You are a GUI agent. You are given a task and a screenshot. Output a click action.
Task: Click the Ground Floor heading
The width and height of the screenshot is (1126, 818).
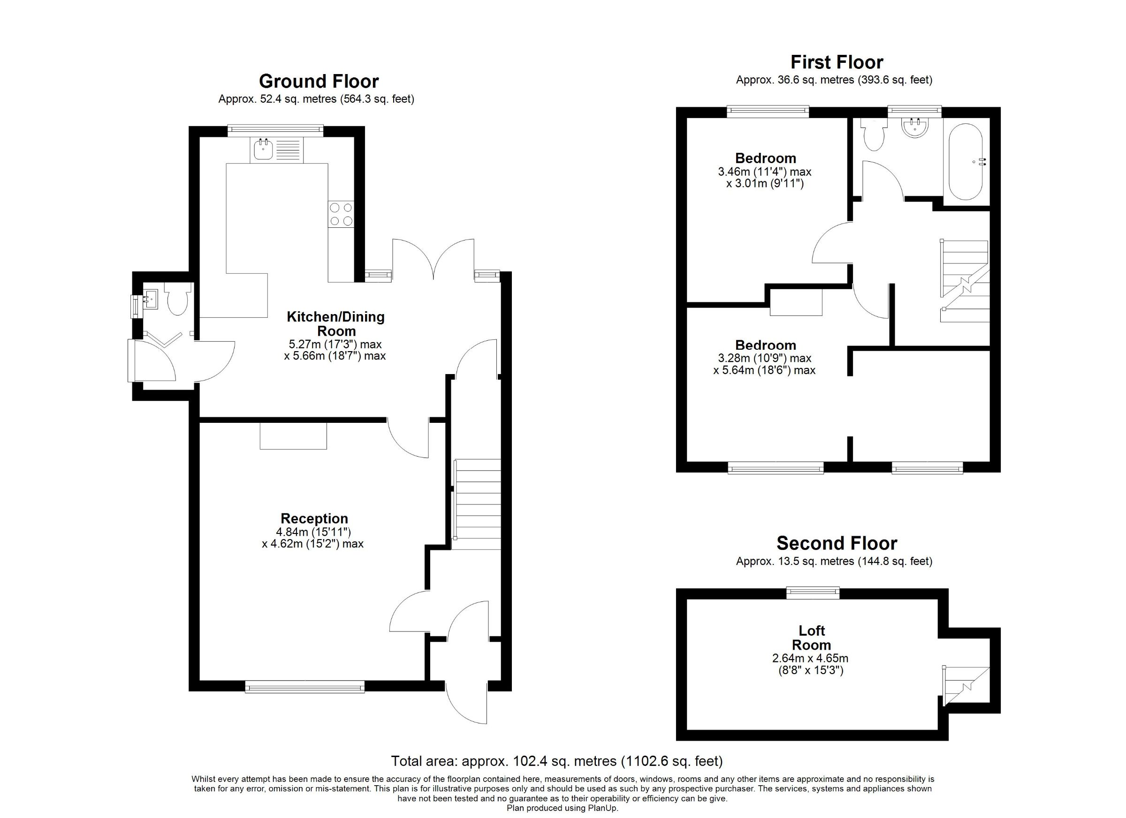(x=319, y=82)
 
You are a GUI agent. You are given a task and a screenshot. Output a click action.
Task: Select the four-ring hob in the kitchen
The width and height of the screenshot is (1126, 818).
(x=341, y=214)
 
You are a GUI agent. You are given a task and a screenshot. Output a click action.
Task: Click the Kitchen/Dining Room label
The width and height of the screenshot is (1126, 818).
(x=335, y=324)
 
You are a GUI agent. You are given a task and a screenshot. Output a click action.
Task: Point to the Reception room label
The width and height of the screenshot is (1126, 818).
(x=314, y=518)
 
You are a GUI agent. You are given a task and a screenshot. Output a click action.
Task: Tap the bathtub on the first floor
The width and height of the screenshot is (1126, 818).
(x=966, y=161)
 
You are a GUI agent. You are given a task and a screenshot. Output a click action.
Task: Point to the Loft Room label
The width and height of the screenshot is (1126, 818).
(x=811, y=638)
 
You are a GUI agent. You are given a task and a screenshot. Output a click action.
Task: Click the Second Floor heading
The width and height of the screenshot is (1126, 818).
(x=837, y=543)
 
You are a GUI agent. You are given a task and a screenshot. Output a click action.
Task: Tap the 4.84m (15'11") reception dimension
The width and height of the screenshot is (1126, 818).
(x=314, y=532)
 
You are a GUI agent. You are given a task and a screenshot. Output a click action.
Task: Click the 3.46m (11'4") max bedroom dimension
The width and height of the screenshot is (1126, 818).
(x=765, y=172)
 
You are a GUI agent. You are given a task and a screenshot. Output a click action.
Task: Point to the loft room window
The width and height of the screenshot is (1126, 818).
(x=813, y=593)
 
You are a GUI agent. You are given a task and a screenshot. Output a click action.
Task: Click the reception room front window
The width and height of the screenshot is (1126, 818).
(x=305, y=686)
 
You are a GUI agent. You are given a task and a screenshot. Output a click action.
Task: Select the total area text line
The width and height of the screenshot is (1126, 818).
(x=556, y=761)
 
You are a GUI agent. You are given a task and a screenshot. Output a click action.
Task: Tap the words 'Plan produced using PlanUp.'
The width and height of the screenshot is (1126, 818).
(x=563, y=808)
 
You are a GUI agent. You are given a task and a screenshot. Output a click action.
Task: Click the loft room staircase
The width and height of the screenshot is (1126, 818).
(x=966, y=686)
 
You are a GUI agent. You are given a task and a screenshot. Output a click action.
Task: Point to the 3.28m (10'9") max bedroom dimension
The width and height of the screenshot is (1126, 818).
(x=765, y=358)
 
